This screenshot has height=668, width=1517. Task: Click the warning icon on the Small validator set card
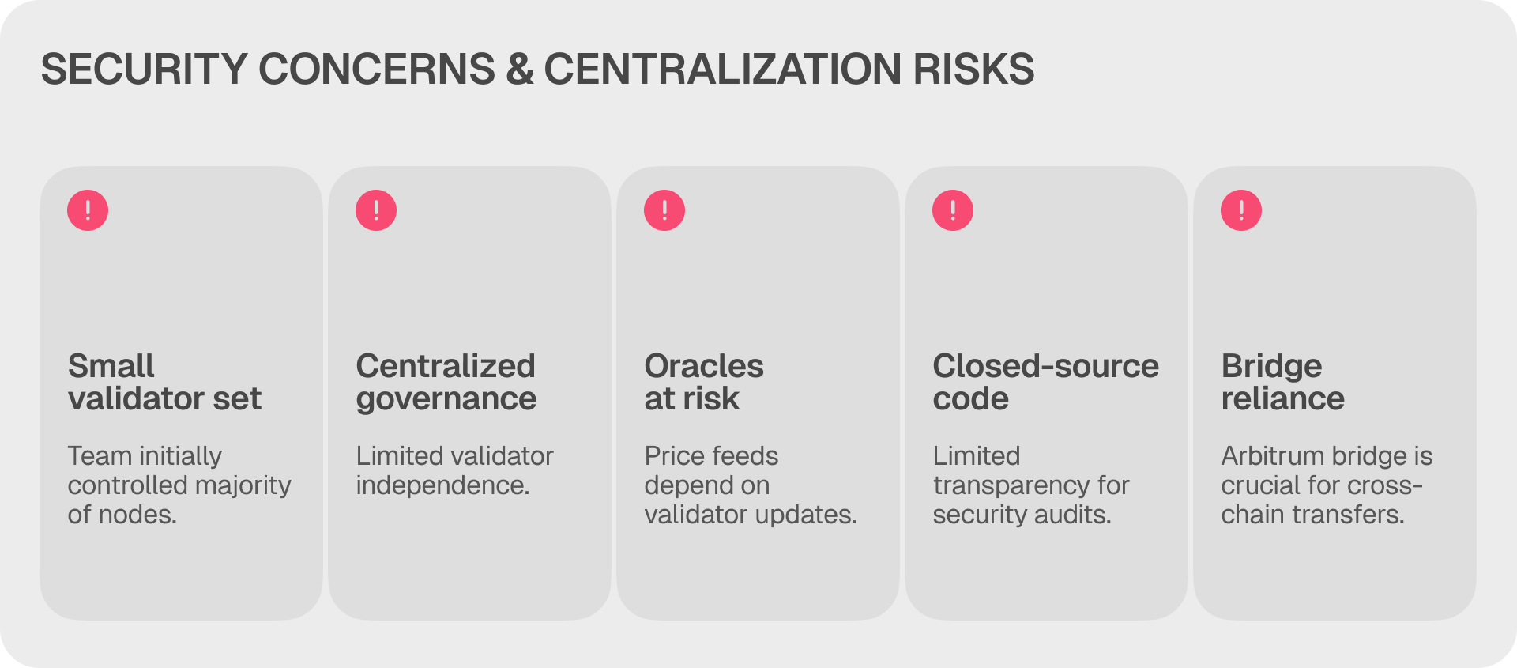tap(88, 210)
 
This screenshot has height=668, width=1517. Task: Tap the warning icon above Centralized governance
tap(376, 210)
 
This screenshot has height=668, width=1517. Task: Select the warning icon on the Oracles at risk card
tap(664, 210)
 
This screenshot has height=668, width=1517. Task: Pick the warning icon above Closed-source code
tap(953, 210)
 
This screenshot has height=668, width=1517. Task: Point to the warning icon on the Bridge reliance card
tap(1241, 210)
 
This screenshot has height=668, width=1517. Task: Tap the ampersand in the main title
tap(520, 69)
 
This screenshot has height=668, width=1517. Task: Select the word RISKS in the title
tap(974, 69)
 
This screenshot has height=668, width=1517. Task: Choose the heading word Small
tap(111, 366)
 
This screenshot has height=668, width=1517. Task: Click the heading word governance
tap(446, 400)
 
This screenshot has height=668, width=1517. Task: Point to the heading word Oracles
tap(704, 366)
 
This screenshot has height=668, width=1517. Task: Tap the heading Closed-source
tap(1046, 366)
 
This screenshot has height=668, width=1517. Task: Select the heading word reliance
tap(1283, 398)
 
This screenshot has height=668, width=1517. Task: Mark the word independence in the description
tap(442, 485)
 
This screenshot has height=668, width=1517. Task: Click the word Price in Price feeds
tap(669, 456)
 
